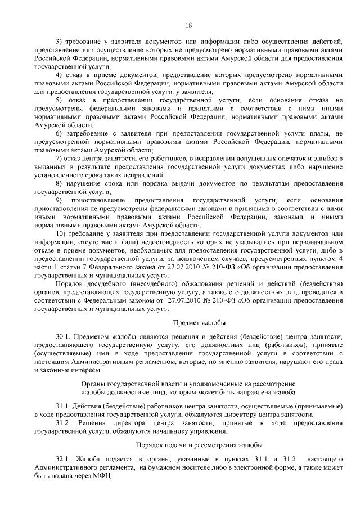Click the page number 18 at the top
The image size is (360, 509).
[188, 25]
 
